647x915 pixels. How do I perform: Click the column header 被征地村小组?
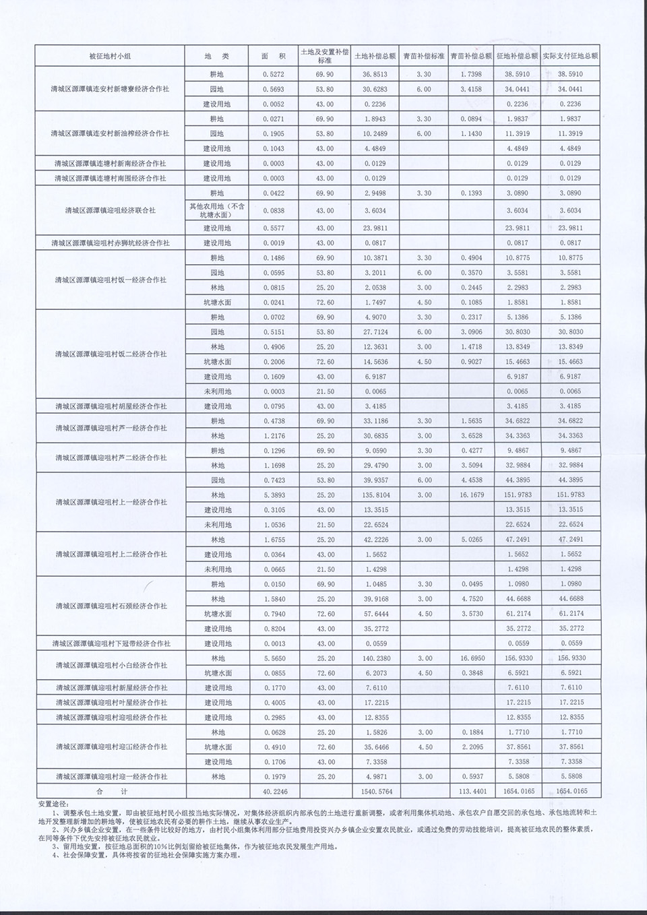tap(110, 57)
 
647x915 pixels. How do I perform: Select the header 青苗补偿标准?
tap(424, 57)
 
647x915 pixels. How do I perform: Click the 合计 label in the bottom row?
tap(110, 791)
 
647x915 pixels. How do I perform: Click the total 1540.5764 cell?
tap(373, 791)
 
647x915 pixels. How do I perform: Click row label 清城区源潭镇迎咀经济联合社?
tap(110, 210)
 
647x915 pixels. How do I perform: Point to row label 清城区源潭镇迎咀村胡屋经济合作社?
tap(110, 406)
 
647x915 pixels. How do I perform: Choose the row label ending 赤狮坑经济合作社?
tap(110, 243)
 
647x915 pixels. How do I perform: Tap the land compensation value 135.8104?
tap(373, 495)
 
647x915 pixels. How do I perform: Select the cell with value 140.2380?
tap(373, 658)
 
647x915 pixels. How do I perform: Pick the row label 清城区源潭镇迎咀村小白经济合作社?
tap(110, 665)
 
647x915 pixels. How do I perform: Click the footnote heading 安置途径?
tap(54, 804)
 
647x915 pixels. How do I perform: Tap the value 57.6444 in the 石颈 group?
tap(373, 614)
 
